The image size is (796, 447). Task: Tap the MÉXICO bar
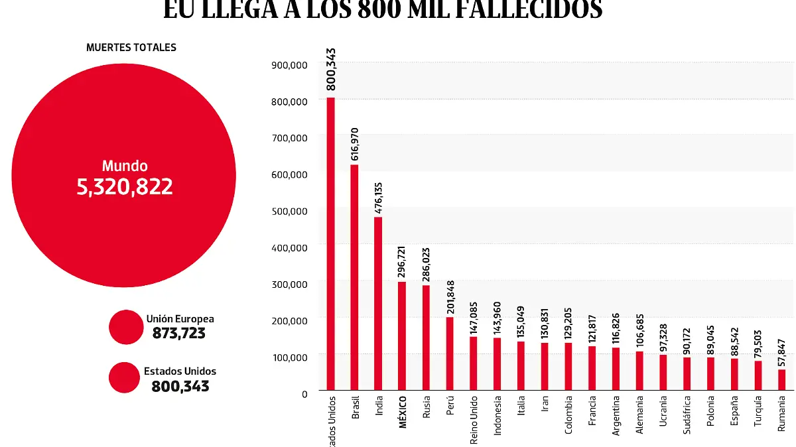tap(402, 336)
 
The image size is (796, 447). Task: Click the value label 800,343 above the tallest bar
tap(331, 69)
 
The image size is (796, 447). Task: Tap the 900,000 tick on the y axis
tap(289, 65)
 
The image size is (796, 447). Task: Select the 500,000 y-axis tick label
tap(289, 211)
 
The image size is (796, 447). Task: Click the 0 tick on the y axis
tap(304, 393)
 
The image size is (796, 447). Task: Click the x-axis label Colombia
tap(569, 416)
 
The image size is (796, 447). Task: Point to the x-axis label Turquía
tap(758, 414)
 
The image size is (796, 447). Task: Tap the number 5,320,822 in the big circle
tap(125, 186)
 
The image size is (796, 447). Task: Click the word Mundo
tap(125, 166)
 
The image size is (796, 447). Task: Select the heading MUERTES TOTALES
tap(131, 48)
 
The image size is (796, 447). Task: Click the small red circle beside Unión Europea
tap(126, 327)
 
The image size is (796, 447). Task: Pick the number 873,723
tap(179, 333)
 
